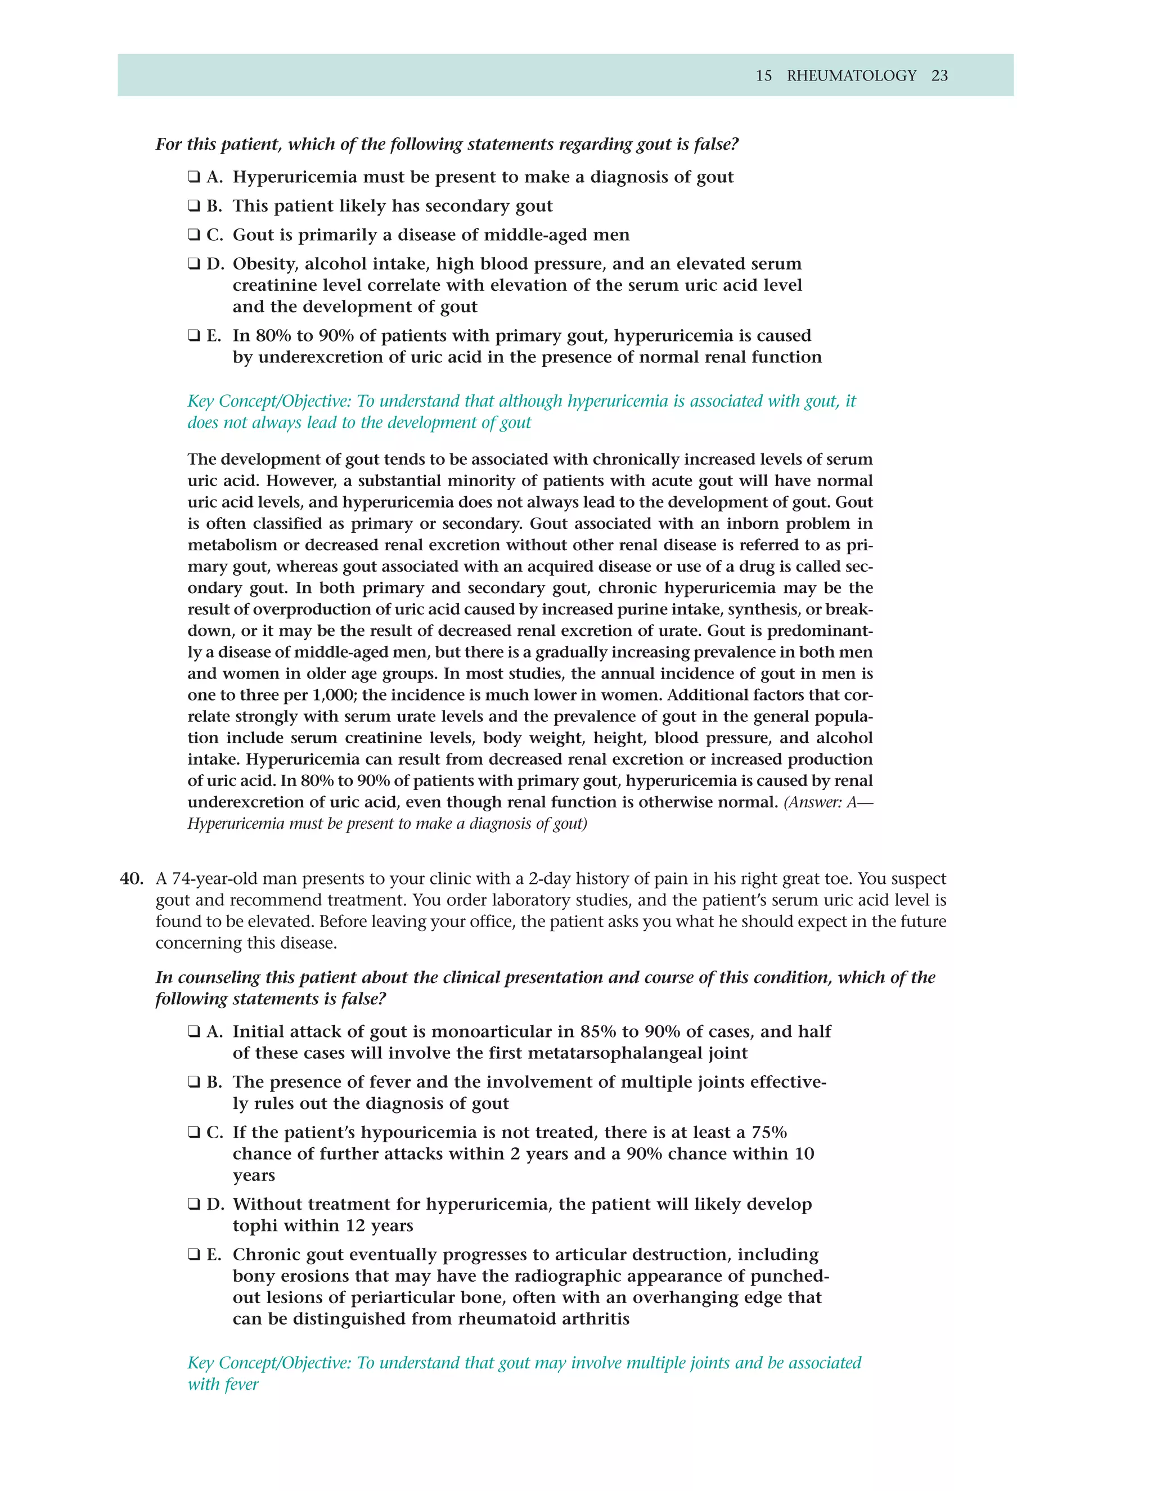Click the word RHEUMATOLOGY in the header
click(851, 76)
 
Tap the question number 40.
click(131, 879)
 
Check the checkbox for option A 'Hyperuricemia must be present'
click(194, 177)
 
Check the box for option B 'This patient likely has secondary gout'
click(194, 206)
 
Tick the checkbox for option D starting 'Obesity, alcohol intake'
click(194, 264)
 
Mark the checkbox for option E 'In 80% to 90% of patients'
click(194, 336)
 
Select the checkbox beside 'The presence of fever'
click(194, 1083)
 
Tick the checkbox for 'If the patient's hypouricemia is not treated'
click(194, 1133)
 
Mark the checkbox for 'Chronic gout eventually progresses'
click(194, 1255)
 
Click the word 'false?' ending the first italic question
click(717, 144)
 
